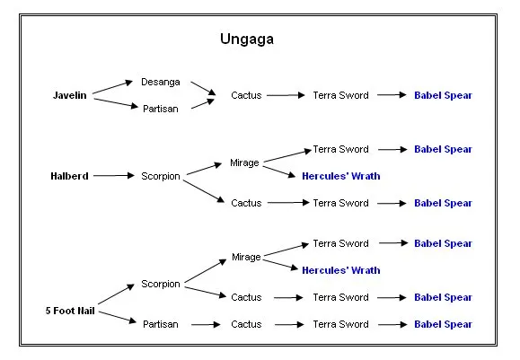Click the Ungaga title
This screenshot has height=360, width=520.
point(247,40)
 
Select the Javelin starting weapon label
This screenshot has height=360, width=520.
point(70,95)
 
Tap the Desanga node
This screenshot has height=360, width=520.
point(161,83)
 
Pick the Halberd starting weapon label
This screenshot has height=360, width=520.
point(69,176)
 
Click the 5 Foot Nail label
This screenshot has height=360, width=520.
point(70,311)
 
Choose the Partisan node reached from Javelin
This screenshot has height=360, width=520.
point(161,109)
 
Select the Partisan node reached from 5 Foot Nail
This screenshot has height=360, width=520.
point(161,324)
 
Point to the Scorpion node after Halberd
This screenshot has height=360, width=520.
point(161,176)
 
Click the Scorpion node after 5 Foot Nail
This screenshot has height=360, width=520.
point(161,284)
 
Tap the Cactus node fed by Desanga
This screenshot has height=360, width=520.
point(246,95)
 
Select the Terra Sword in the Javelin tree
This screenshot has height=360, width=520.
point(340,95)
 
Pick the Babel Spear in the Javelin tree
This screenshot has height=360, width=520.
point(443,95)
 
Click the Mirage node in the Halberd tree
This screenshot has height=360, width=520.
point(244,163)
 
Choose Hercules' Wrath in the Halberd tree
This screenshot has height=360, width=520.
point(341,176)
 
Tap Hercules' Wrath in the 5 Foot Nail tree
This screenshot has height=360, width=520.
point(341,270)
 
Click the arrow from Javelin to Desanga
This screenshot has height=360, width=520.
point(112,87)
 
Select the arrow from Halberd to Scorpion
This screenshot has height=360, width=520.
point(114,175)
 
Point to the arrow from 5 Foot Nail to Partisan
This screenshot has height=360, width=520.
point(118,317)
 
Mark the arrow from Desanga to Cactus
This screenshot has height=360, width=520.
point(203,88)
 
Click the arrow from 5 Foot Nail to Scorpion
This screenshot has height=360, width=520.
point(116,294)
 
